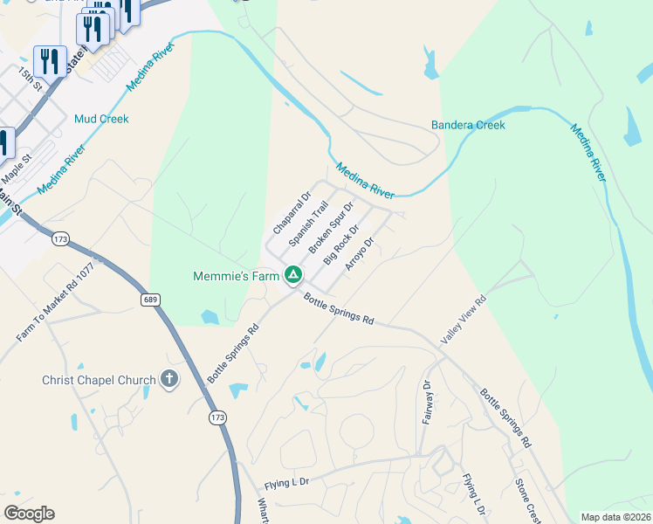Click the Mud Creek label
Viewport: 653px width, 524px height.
point(101,119)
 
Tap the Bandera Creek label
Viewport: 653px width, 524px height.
point(468,125)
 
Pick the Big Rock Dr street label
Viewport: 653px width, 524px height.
point(341,244)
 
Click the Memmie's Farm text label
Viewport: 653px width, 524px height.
point(236,276)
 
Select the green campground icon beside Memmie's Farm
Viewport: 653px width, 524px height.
point(293,276)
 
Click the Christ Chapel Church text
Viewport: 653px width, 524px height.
point(99,380)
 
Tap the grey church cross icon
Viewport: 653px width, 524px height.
point(169,380)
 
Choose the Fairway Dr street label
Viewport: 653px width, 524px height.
point(428,402)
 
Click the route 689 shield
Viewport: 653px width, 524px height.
point(150,300)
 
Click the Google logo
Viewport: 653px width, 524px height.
point(29,514)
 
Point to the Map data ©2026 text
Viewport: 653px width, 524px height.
point(616,517)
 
